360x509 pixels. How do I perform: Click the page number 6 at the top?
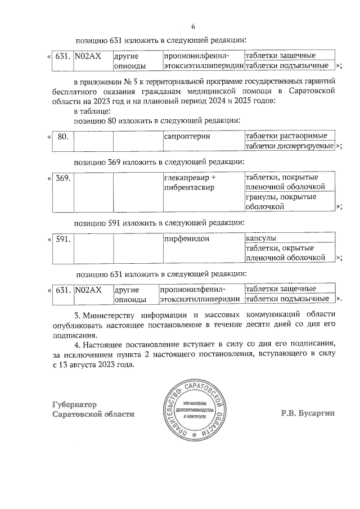193,27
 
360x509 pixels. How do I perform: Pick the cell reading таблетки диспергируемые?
289,146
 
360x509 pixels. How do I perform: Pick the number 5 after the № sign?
134,81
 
